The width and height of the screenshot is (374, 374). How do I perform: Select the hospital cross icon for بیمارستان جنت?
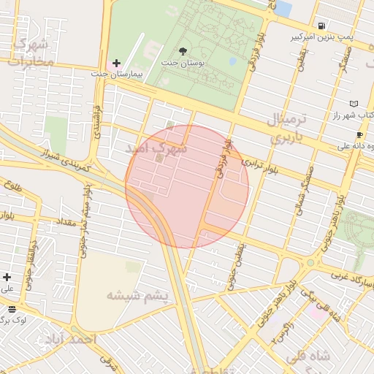coord(116,64)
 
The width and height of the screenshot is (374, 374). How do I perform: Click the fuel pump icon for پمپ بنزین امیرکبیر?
coord(322,24)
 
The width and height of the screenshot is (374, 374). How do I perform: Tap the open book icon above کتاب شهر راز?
coord(354,104)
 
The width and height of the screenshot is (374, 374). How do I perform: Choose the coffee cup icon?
coord(359,135)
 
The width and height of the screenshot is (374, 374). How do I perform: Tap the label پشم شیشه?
coord(137,296)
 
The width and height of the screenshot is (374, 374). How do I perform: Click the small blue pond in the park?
coord(233,61)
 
